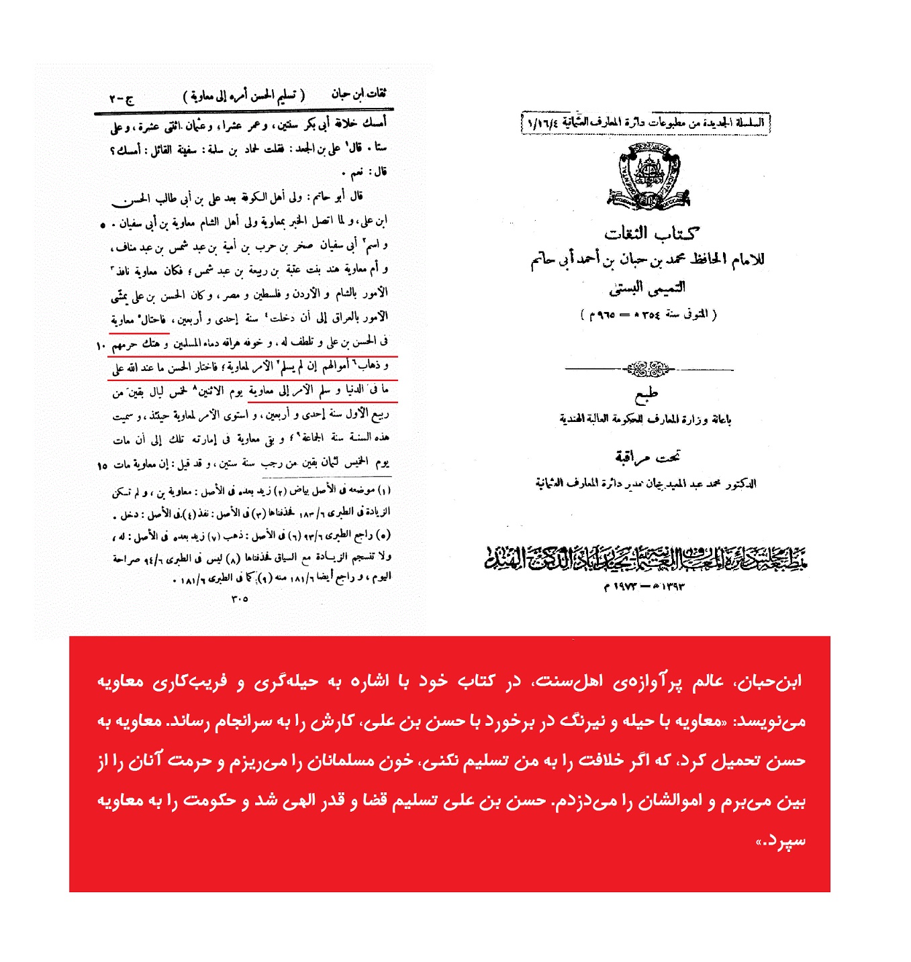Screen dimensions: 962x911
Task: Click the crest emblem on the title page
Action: coord(649,178)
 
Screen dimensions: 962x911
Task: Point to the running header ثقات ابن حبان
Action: coord(358,94)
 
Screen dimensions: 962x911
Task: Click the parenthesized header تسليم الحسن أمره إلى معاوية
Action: coord(244,96)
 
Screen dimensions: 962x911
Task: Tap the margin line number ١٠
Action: coord(101,346)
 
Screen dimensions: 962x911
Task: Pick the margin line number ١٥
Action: coord(102,465)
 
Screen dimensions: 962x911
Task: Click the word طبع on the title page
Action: coord(646,394)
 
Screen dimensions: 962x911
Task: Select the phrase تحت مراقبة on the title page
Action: coord(647,458)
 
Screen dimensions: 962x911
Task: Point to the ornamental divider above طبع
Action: coord(649,369)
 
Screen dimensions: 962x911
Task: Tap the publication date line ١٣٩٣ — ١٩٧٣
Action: coord(644,587)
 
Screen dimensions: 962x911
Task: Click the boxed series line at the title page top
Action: coord(646,123)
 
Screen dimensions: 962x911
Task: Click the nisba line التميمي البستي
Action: coord(647,288)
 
